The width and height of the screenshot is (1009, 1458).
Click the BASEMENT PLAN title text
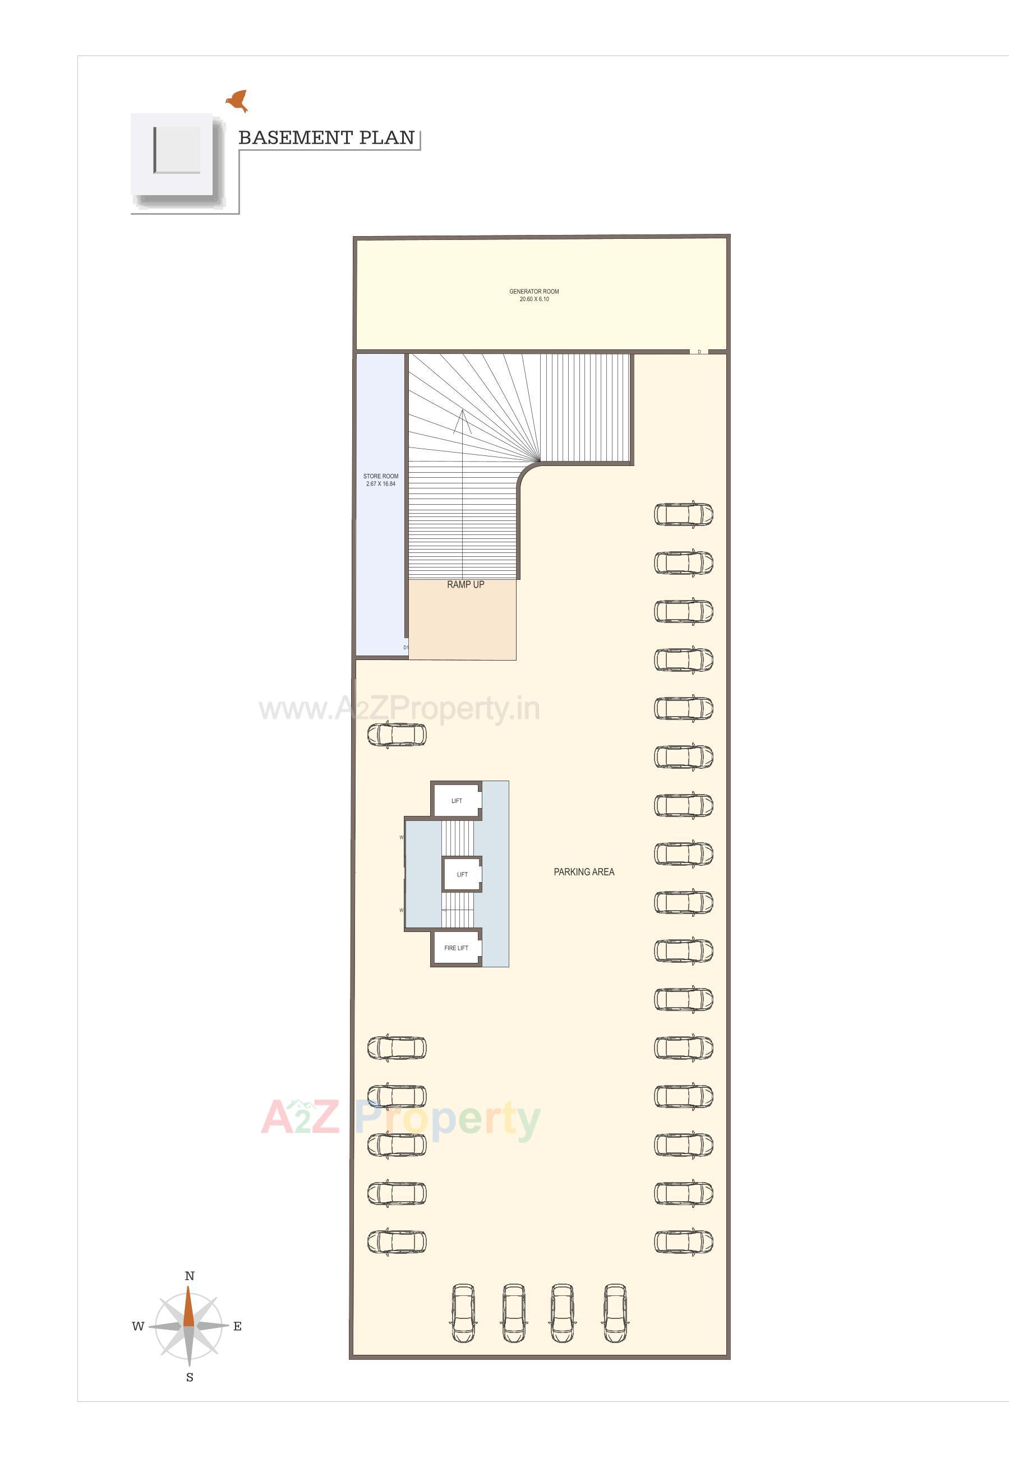(326, 138)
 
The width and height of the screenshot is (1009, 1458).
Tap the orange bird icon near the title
(238, 100)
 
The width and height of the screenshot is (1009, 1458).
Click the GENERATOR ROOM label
(533, 292)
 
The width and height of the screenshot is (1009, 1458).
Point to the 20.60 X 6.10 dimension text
(533, 299)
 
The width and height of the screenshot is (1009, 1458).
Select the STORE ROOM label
(381, 477)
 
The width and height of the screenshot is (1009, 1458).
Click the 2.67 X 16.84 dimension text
(381, 484)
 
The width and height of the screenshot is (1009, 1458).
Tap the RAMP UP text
(466, 584)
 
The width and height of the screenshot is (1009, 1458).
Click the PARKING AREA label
(583, 871)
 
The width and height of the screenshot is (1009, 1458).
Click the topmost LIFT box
(457, 801)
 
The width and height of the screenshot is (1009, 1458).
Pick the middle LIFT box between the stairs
(462, 875)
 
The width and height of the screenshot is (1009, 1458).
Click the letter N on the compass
(189, 1276)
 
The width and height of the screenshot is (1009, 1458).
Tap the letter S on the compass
(189, 1378)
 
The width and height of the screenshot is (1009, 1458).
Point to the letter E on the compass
(237, 1327)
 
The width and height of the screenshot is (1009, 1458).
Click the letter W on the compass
(138, 1327)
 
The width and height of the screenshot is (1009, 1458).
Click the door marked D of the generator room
(699, 352)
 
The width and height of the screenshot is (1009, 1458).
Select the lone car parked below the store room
(397, 735)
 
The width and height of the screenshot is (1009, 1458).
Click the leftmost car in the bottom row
(463, 1313)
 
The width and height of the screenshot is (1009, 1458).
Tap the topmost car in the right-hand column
(683, 514)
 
